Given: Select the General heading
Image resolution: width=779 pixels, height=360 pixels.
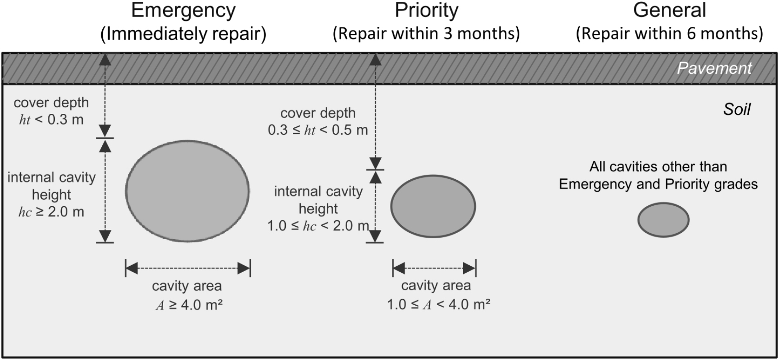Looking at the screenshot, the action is (x=669, y=10).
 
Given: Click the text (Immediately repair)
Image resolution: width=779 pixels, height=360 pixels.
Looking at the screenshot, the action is (x=183, y=34).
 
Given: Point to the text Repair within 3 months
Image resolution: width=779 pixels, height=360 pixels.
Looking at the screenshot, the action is (x=426, y=34).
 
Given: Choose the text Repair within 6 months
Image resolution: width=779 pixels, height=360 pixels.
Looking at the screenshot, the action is (x=669, y=34).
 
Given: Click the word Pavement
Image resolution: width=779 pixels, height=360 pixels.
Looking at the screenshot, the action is (x=714, y=68).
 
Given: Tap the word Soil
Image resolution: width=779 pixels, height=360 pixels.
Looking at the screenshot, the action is (x=737, y=110).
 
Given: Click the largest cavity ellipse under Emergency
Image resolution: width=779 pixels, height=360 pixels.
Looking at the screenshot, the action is (x=187, y=191).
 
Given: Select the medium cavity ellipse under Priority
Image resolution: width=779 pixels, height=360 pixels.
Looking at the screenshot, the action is (x=433, y=206).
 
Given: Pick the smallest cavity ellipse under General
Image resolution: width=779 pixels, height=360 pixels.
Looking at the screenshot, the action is (x=664, y=220).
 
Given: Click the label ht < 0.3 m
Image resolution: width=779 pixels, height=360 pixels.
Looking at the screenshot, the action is (x=52, y=120).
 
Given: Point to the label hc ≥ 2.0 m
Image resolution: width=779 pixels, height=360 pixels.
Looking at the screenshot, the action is (x=52, y=212).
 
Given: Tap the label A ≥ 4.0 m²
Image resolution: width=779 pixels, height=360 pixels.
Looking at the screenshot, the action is (x=189, y=305).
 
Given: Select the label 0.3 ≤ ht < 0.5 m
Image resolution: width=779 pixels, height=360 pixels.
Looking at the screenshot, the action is (x=318, y=130).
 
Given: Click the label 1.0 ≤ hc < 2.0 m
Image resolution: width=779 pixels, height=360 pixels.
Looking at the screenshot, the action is (x=318, y=226).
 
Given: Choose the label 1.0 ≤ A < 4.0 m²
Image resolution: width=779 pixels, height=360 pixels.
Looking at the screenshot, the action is (x=439, y=304).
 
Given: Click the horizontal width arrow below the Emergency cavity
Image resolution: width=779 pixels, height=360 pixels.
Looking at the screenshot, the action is (x=188, y=268).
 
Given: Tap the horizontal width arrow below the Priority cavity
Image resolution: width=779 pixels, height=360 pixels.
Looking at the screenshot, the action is (x=435, y=268).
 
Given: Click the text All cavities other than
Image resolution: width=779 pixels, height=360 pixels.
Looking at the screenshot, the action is (x=658, y=167).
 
